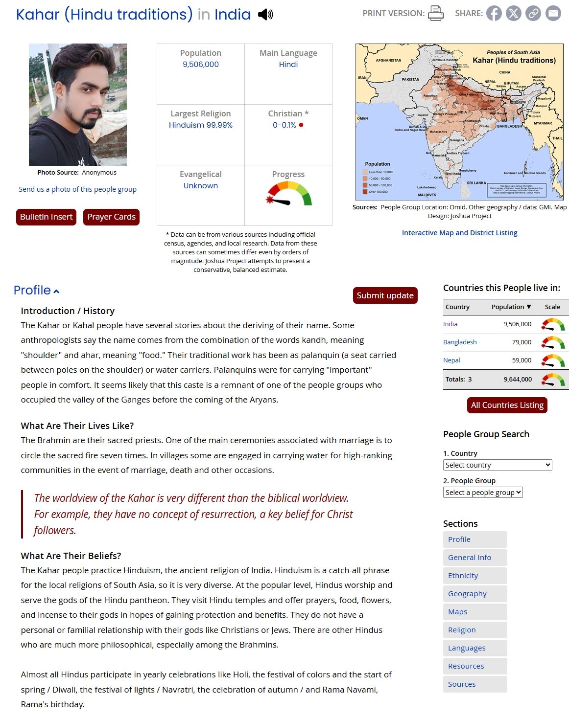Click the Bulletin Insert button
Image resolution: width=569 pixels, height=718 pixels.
[46, 217]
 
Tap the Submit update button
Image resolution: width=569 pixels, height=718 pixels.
[385, 295]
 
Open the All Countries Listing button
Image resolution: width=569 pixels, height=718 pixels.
[507, 405]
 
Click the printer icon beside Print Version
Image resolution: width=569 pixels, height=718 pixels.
[435, 13]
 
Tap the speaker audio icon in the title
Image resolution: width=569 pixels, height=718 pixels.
[265, 14]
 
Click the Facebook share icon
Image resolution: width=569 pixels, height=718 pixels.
[494, 13]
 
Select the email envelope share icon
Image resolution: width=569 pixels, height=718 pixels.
[553, 13]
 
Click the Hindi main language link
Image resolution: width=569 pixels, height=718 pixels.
[288, 64]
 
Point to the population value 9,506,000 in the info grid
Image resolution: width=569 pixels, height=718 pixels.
[200, 64]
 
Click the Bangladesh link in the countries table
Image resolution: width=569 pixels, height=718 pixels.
[460, 342]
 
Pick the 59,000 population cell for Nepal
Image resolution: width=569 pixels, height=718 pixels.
[522, 360]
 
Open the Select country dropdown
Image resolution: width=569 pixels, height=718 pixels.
[497, 465]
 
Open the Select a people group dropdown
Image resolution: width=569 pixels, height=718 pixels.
[483, 492]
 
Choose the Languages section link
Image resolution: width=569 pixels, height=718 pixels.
[467, 648]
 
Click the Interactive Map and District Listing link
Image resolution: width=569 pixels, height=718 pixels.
[459, 233]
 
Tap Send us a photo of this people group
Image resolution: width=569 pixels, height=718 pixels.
[77, 189]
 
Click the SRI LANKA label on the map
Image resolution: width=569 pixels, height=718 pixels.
[476, 183]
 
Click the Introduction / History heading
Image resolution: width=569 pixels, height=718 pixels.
[68, 311]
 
